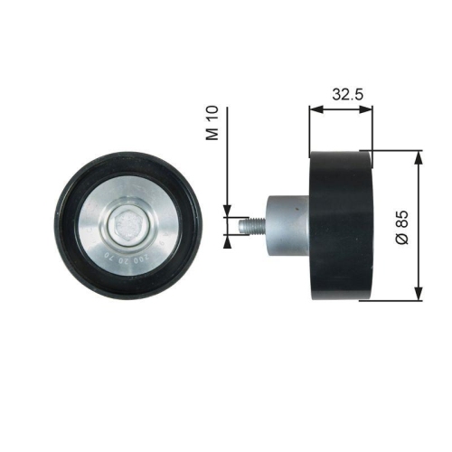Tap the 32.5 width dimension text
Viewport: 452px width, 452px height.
[341, 92]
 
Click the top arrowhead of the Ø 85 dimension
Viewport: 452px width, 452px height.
[418, 155]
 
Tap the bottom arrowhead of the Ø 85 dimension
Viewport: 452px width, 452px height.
[418, 296]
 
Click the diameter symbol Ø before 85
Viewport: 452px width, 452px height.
[402, 240]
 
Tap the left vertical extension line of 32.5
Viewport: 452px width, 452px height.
[309, 127]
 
